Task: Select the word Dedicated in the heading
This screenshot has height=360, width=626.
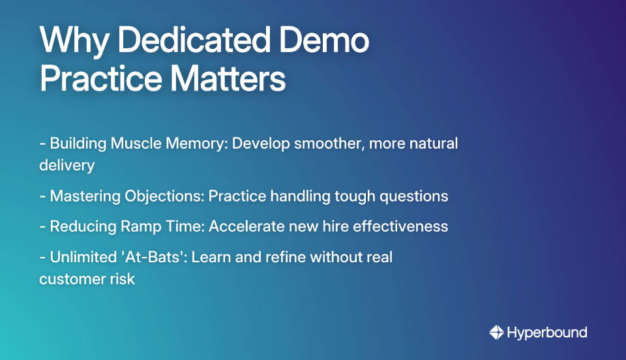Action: coord(194,42)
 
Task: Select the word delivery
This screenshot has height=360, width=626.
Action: coord(67,165)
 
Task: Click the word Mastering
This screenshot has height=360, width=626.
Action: coord(83,196)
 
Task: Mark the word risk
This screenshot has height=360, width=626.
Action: coord(122,278)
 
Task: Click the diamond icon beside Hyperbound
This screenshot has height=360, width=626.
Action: coord(496,333)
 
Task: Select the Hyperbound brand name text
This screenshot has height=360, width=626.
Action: coord(546,333)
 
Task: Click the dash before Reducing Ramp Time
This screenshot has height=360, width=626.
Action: coord(42,226)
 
